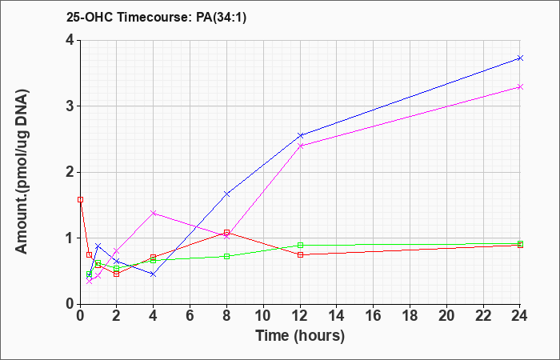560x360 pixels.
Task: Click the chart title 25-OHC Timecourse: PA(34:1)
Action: point(157,18)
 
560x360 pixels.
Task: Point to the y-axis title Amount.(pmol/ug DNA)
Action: point(22,172)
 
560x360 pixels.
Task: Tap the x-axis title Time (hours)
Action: point(300,336)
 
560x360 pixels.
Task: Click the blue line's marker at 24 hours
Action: point(520,58)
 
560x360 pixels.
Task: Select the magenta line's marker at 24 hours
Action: point(520,86)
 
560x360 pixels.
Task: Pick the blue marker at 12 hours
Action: point(300,135)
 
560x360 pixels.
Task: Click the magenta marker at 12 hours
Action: point(300,146)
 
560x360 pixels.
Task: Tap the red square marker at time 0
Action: point(80,200)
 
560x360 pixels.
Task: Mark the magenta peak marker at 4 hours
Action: point(154,214)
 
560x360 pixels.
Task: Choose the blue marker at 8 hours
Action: point(226,194)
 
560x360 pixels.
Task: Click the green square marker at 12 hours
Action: point(300,246)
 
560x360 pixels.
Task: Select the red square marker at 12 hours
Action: point(300,254)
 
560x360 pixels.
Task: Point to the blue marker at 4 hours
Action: point(154,274)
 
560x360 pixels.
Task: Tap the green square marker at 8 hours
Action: point(226,257)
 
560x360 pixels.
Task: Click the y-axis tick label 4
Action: point(70,40)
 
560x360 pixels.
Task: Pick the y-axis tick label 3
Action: point(70,106)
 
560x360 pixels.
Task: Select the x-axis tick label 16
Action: point(374,316)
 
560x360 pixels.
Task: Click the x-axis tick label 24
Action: point(520,316)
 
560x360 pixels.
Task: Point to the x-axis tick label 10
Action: point(263,316)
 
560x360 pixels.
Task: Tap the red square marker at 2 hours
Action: point(117,274)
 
